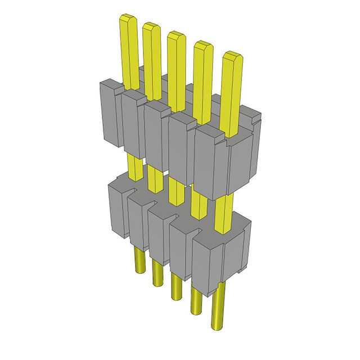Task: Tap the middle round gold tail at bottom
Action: (175, 287)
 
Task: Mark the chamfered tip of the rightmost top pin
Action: (232, 56)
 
